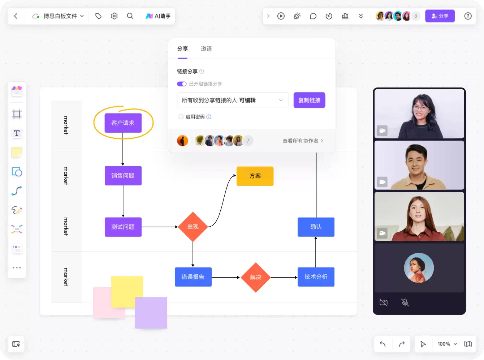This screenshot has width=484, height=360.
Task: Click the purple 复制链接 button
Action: (309, 100)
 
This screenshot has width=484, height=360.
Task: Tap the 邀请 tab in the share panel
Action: (206, 48)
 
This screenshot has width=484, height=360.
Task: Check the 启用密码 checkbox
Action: (181, 117)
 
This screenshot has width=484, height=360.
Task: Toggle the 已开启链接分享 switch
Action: (182, 84)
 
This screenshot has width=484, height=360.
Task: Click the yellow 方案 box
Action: (255, 176)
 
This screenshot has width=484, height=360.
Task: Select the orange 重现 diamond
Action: (193, 227)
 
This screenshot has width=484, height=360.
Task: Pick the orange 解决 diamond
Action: (255, 277)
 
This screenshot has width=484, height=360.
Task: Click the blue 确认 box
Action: (316, 227)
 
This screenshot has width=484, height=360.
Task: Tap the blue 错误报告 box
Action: (193, 277)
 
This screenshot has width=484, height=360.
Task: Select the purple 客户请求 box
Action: (123, 123)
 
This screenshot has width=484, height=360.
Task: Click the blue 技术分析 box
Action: (316, 277)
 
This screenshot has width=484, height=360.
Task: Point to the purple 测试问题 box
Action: (123, 227)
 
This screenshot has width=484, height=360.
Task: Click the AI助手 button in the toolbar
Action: (158, 16)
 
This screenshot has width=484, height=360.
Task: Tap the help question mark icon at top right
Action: (468, 16)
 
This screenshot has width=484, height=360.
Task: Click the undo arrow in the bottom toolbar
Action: (383, 344)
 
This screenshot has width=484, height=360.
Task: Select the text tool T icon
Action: (17, 133)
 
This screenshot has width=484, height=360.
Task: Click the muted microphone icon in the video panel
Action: (405, 302)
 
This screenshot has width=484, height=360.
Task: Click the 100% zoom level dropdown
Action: (447, 344)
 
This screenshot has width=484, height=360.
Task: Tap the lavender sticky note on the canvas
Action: (151, 313)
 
